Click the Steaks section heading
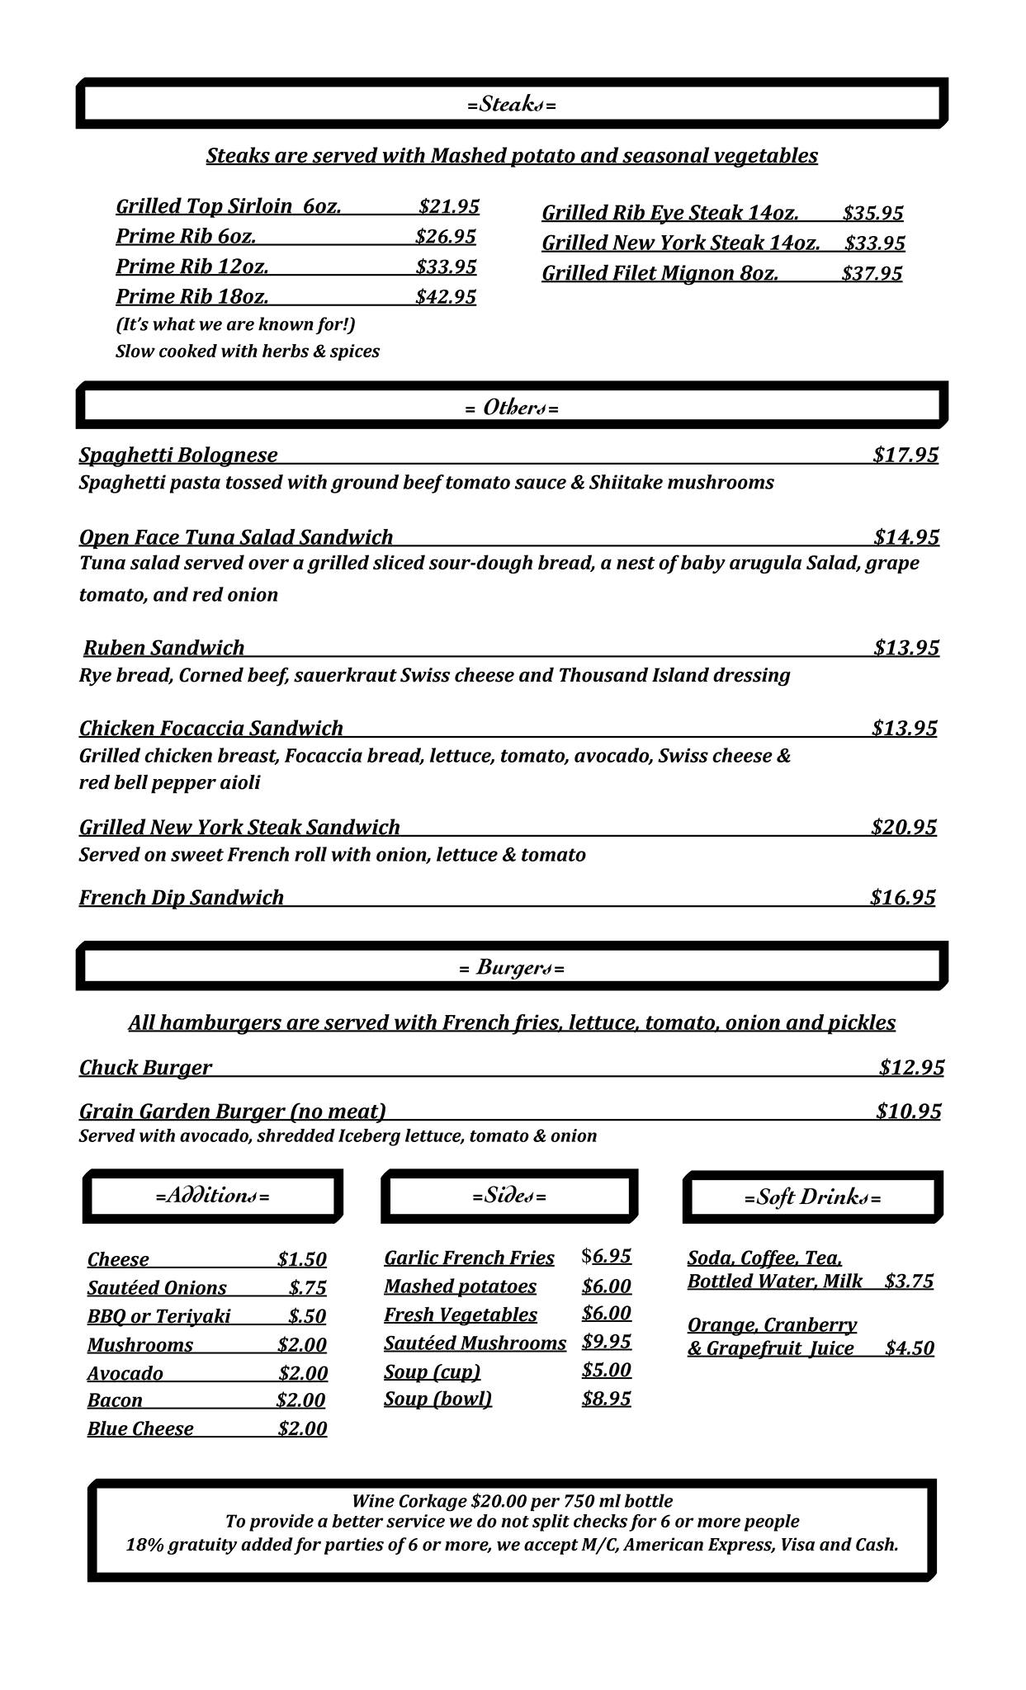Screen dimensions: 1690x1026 click(511, 105)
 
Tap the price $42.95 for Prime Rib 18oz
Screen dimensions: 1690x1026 click(446, 297)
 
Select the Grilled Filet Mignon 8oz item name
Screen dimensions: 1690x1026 click(660, 273)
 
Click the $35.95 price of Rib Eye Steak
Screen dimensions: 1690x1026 click(872, 213)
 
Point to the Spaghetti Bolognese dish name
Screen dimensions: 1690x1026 click(178, 455)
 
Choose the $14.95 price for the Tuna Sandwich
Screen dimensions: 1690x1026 click(905, 537)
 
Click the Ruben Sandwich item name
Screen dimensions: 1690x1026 click(164, 648)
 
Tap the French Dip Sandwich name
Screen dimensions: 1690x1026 click(182, 897)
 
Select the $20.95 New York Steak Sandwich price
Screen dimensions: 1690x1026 click(903, 827)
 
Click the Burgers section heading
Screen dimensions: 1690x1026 click(511, 967)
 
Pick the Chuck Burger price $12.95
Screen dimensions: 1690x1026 click(911, 1068)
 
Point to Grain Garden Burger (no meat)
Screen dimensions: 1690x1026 click(233, 1112)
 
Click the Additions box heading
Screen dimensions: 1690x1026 click(212, 1196)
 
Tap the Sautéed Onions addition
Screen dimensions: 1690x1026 click(157, 1288)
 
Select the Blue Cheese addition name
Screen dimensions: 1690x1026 click(140, 1429)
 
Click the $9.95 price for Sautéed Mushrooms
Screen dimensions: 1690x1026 click(606, 1342)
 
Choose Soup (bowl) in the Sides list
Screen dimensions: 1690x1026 click(437, 1399)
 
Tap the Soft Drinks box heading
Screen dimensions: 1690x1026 click(812, 1197)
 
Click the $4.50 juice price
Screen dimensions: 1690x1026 click(909, 1348)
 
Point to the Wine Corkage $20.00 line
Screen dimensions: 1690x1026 click(512, 1501)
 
